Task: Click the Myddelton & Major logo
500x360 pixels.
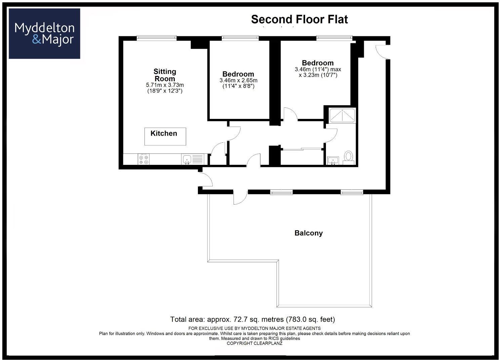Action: point(44,34)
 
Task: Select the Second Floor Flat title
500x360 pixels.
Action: point(299,19)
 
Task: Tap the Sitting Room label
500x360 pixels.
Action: point(165,75)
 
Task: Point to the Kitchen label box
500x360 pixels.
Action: point(165,136)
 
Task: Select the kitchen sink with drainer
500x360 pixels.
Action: point(193,159)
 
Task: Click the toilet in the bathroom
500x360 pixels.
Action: point(348,157)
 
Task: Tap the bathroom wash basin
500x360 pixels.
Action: point(333,160)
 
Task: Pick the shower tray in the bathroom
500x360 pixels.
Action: point(342,116)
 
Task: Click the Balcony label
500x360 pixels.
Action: point(308,233)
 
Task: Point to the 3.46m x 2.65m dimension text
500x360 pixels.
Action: point(238,81)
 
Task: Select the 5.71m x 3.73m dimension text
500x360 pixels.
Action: point(165,85)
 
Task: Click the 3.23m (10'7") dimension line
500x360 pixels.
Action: point(318,75)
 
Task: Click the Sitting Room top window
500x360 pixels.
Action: point(157,38)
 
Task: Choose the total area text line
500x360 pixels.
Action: point(252,319)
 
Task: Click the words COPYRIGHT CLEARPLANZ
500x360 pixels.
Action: point(254,344)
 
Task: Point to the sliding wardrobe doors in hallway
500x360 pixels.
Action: point(302,148)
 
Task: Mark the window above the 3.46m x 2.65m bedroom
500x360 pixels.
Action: point(240,38)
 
